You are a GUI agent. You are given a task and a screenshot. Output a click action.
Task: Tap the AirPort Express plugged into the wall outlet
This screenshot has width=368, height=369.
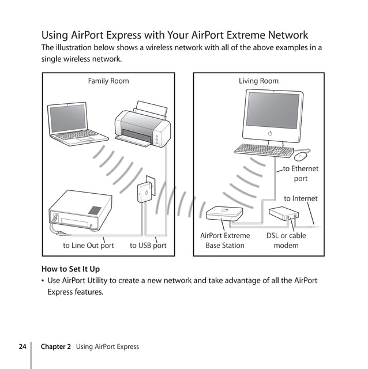tap(147, 191)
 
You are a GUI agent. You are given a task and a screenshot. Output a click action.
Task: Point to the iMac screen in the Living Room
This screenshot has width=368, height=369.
tap(273, 110)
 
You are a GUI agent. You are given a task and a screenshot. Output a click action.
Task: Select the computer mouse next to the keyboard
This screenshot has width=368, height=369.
tap(301, 156)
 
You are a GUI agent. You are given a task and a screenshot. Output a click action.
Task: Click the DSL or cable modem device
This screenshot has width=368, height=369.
tap(285, 214)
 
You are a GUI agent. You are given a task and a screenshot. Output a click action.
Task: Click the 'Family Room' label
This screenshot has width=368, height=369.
tap(108, 81)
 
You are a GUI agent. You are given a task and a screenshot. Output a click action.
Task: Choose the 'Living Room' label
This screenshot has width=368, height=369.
tap(258, 81)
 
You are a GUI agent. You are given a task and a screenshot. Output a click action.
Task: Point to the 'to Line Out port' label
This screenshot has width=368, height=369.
tap(88, 246)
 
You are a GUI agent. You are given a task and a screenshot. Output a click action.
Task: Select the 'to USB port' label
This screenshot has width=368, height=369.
tap(148, 246)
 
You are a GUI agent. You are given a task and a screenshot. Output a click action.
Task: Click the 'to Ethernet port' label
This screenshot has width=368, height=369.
tap(301, 174)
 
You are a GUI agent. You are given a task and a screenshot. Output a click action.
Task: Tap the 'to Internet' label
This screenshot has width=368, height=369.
tap(301, 199)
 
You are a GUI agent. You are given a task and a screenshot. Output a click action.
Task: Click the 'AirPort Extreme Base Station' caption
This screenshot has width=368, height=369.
tap(225, 240)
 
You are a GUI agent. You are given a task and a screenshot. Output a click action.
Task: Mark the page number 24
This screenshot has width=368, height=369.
tap(22, 347)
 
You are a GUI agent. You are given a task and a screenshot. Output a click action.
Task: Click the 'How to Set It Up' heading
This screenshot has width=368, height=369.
tap(70, 269)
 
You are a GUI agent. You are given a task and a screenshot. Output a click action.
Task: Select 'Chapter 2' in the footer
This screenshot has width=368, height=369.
tap(56, 347)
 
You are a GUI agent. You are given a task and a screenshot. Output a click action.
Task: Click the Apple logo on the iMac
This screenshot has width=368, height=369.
tap(269, 133)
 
